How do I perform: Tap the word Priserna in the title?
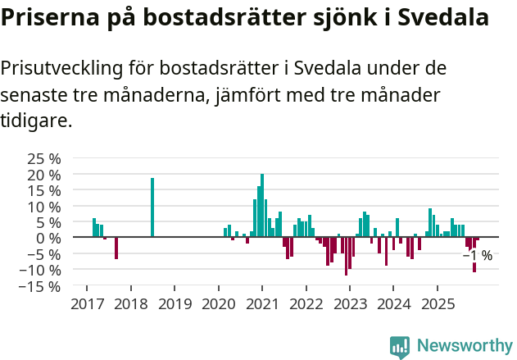[48, 18]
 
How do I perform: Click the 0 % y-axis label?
[52, 238]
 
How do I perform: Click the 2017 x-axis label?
[87, 303]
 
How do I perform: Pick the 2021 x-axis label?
[262, 303]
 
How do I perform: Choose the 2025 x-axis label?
[437, 303]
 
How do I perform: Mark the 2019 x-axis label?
[175, 303]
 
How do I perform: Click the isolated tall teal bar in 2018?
[152, 207]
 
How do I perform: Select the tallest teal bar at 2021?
[262, 205]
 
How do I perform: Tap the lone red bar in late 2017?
[116, 248]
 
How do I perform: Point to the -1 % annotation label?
[478, 256]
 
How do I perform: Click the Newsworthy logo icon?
[400, 347]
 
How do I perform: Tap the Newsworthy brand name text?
[464, 347]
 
